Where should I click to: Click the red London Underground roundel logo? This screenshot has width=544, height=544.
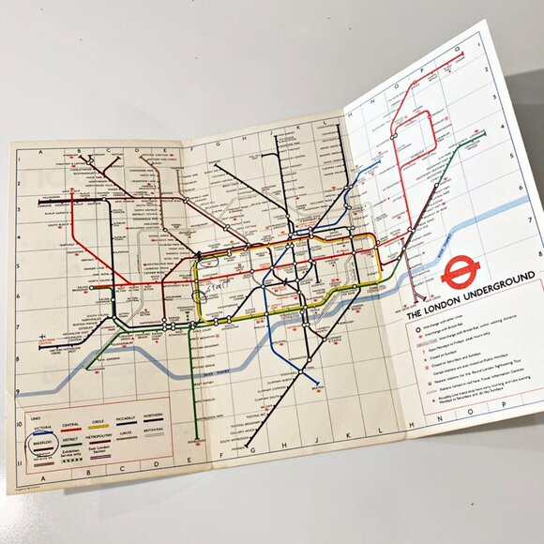coord(461,273)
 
